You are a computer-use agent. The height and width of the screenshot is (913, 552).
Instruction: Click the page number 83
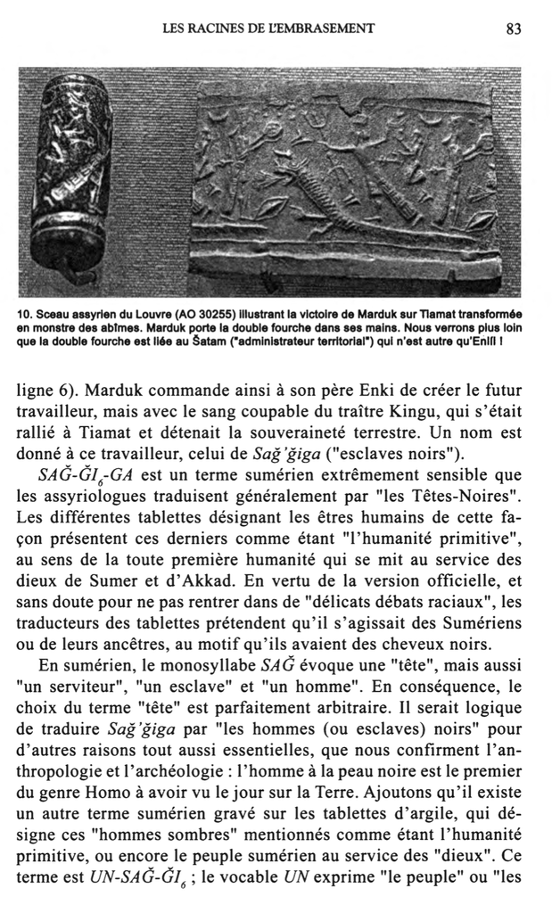(x=513, y=29)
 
